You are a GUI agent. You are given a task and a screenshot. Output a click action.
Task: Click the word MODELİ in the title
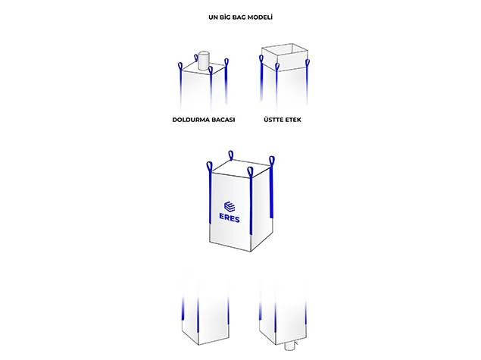260,17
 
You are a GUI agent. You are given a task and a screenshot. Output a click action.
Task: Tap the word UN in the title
213,17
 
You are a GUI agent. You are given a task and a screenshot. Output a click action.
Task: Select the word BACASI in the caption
223,120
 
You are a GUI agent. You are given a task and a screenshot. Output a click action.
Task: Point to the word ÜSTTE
273,120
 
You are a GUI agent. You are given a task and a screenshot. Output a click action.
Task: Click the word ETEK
293,120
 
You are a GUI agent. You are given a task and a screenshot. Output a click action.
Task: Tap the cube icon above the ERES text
230,206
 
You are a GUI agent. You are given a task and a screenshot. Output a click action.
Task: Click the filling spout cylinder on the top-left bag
204,61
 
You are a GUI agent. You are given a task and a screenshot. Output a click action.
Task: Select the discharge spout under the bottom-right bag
289,347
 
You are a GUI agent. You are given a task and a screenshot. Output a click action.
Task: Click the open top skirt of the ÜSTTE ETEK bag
284,58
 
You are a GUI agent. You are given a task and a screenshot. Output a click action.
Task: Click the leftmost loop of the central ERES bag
209,166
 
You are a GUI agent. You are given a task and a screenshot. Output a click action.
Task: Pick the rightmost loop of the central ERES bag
272,161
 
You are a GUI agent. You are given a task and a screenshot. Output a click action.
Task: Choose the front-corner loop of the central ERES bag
250,172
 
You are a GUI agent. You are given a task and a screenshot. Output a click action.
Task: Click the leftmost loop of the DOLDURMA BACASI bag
180,66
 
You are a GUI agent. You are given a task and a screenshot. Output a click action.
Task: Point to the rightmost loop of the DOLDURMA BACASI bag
226,62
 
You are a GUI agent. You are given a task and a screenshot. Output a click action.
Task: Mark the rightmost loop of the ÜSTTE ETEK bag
308,64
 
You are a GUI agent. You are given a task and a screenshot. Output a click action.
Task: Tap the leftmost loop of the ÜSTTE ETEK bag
261,59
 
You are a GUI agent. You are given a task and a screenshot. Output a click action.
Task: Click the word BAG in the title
239,17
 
